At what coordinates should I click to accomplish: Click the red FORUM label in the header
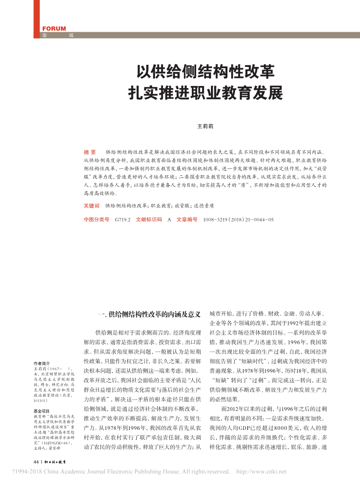tap(54, 29)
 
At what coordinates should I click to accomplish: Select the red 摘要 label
tap(90, 152)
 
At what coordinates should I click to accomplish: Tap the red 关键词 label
tap(91, 205)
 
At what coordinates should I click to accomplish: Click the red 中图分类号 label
tap(96, 219)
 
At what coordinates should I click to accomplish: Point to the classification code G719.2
tap(123, 219)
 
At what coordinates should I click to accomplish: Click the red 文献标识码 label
tap(149, 219)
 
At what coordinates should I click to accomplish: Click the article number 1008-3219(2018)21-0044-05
tap(238, 219)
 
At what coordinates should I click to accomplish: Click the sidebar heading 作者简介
tap(42, 363)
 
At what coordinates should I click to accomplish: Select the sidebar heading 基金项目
tap(42, 411)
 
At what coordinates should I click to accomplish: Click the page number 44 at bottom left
tap(36, 462)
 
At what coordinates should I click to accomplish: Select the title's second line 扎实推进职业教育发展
tap(205, 92)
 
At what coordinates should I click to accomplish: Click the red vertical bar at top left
tap(36, 19)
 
